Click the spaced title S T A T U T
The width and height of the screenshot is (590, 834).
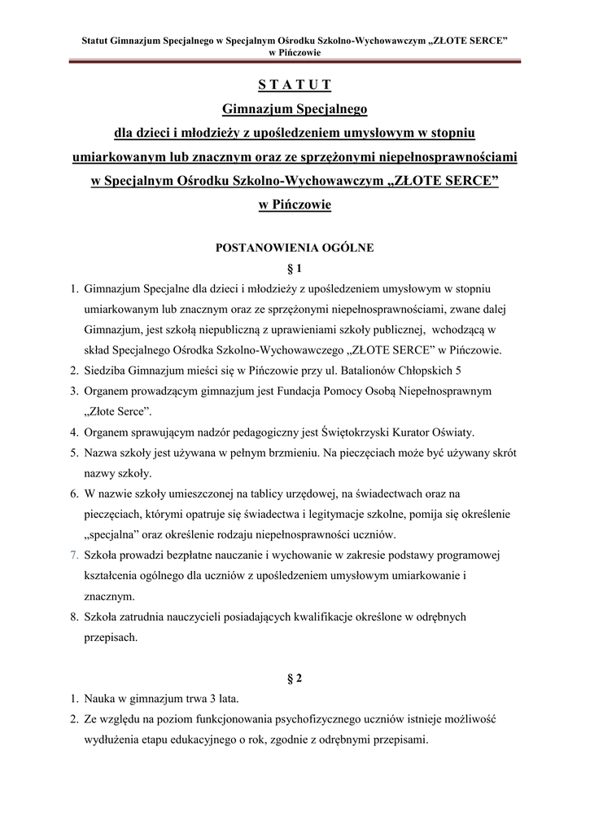(295, 86)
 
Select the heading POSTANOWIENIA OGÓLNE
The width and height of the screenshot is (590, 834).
(295, 248)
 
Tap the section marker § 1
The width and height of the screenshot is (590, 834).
(295, 268)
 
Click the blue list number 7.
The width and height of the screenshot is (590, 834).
(73, 555)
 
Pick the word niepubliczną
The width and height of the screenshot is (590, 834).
(218, 330)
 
